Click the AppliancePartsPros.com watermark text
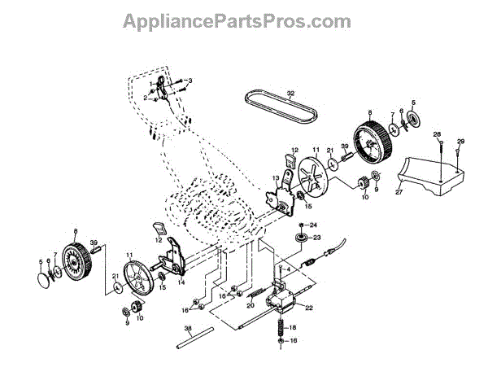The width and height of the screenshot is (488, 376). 243,20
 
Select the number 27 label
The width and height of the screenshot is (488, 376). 399,193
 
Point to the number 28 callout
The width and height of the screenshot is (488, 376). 437,134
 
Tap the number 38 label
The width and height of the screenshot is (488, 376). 188,330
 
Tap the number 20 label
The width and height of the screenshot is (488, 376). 250,307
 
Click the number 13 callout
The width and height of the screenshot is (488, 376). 275,177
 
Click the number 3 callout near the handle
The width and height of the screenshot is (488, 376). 190,81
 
